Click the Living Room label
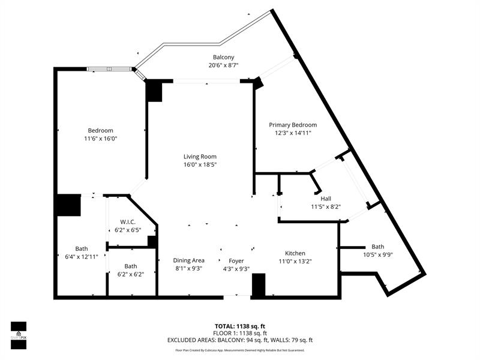[200, 157]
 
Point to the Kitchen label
[295, 253]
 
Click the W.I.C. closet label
[127, 221]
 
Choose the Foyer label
[236, 260]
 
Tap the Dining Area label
[189, 260]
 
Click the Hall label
[326, 199]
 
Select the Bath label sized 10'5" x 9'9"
[377, 247]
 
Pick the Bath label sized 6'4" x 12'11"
[81, 248]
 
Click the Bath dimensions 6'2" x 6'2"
[130, 274]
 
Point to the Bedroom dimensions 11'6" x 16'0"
[100, 139]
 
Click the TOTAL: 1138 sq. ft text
[240, 326]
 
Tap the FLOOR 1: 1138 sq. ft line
[240, 333]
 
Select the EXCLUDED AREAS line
[240, 340]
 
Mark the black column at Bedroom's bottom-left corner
[68, 205]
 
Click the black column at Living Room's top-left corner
[154, 91]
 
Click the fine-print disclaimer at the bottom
[240, 350]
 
